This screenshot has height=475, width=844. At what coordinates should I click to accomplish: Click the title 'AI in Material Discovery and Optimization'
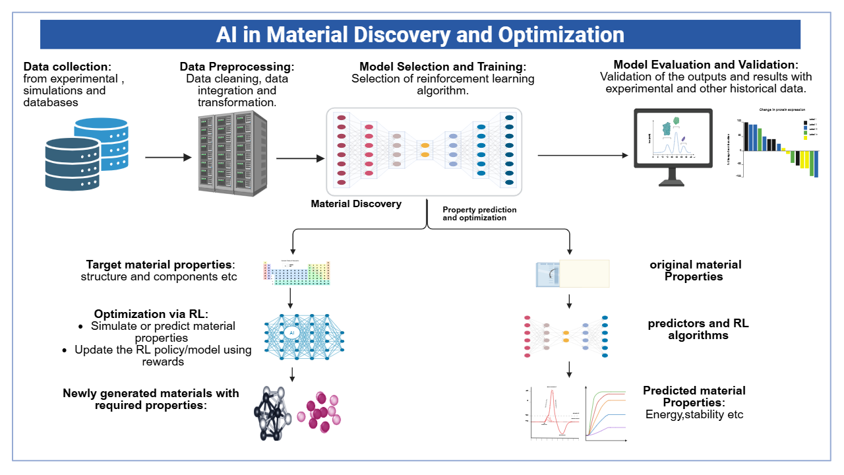[x=420, y=34]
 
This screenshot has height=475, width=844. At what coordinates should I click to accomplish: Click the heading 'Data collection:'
[x=67, y=67]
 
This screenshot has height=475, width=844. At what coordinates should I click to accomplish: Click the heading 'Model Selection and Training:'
[x=443, y=67]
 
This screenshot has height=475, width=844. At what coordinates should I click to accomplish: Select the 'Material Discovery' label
[x=356, y=204]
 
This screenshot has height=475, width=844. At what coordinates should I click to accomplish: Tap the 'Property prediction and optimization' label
[x=479, y=214]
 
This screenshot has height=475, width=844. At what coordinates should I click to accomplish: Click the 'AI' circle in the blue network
[x=291, y=333]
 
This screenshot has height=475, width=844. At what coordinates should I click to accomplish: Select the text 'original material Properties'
[x=695, y=270]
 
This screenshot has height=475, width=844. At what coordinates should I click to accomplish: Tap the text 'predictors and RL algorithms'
[x=698, y=329]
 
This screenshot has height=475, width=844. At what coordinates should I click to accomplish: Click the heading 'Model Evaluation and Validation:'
[x=706, y=65]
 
